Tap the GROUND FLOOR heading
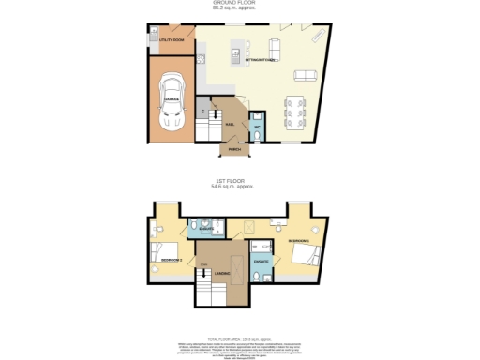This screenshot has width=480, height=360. tap(240, 3)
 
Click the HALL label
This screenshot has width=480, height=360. tap(228, 122)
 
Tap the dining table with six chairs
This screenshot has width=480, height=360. tap(292, 113)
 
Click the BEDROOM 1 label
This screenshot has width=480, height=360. tap(298, 241)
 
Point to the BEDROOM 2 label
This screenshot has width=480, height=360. tap(171, 258)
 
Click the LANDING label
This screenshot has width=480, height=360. tap(222, 274)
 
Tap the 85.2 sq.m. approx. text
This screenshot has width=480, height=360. tap(240, 8)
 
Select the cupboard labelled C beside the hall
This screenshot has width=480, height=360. tap(202, 112)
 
